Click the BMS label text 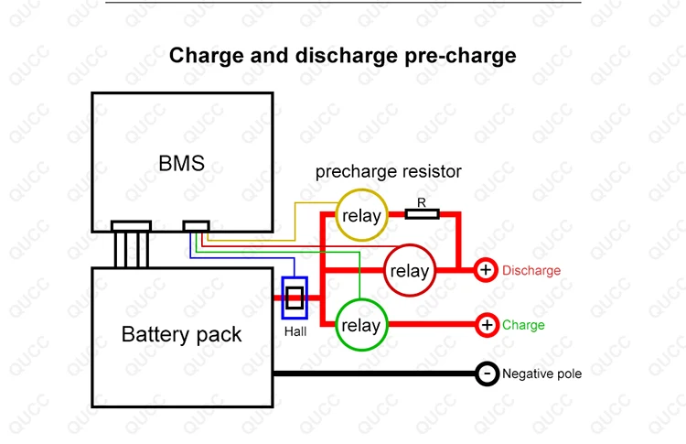tap(181, 165)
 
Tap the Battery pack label tap(181, 334)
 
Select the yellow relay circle tap(361, 216)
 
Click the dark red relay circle tap(409, 271)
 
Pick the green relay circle tap(361, 325)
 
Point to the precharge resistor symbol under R tap(422, 215)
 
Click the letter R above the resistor tap(422, 201)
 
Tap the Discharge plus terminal tap(486, 270)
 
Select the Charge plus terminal tap(487, 325)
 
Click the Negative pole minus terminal tap(487, 374)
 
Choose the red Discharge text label tap(531, 271)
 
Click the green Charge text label tap(523, 325)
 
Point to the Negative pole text tap(541, 374)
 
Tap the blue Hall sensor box tap(295, 298)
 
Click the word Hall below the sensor tap(295, 331)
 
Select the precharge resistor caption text tap(388, 171)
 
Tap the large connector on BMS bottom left tap(131, 225)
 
